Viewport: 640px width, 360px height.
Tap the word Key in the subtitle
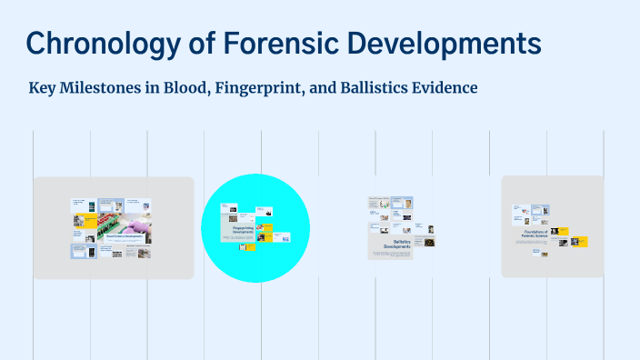43,89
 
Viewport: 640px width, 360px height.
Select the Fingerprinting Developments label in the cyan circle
243,229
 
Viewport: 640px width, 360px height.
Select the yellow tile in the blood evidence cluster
91,218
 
